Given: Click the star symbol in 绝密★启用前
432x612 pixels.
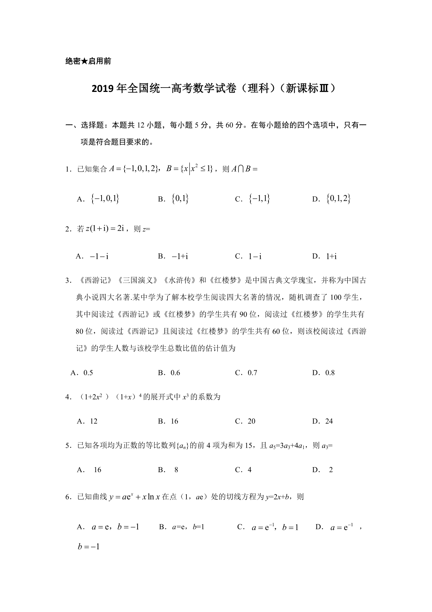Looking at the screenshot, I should pyautogui.click(x=83, y=61).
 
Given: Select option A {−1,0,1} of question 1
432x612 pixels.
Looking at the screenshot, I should pyautogui.click(x=105, y=199).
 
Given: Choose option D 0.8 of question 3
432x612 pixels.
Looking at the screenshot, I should pyautogui.click(x=329, y=373).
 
